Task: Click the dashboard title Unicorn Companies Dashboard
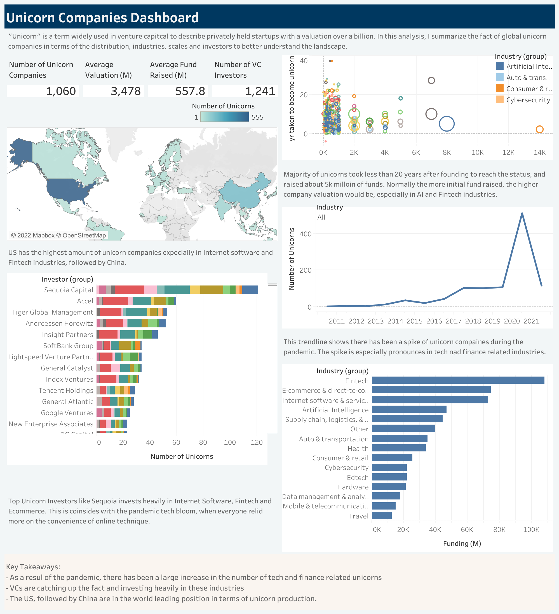click(102, 18)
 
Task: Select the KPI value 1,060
click(61, 91)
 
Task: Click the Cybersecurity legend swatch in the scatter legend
click(499, 100)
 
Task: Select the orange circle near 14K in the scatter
click(539, 129)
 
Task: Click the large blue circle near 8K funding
click(447, 124)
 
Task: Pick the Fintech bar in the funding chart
click(457, 380)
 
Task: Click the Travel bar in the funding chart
click(382, 515)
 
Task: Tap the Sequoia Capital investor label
click(68, 290)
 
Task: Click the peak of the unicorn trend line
click(522, 213)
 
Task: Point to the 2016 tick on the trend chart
click(434, 321)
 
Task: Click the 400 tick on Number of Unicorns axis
click(305, 234)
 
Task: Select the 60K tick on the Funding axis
click(467, 529)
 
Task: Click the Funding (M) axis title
click(462, 543)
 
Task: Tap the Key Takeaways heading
click(33, 567)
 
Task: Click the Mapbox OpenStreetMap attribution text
click(58, 235)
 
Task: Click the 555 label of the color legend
click(257, 117)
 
